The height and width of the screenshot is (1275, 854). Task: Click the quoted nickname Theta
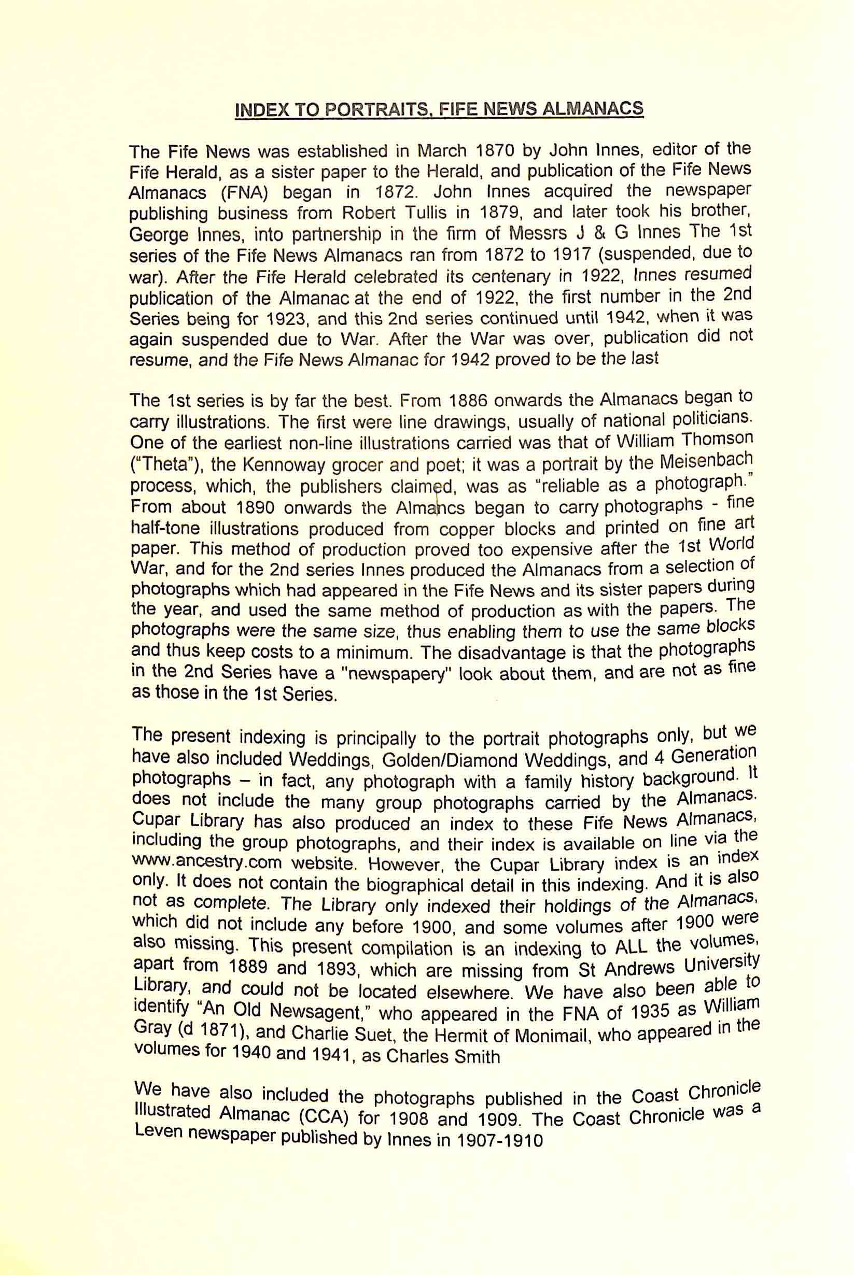pyautogui.click(x=166, y=464)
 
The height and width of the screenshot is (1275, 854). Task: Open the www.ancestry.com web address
pyautogui.click(x=207, y=863)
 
